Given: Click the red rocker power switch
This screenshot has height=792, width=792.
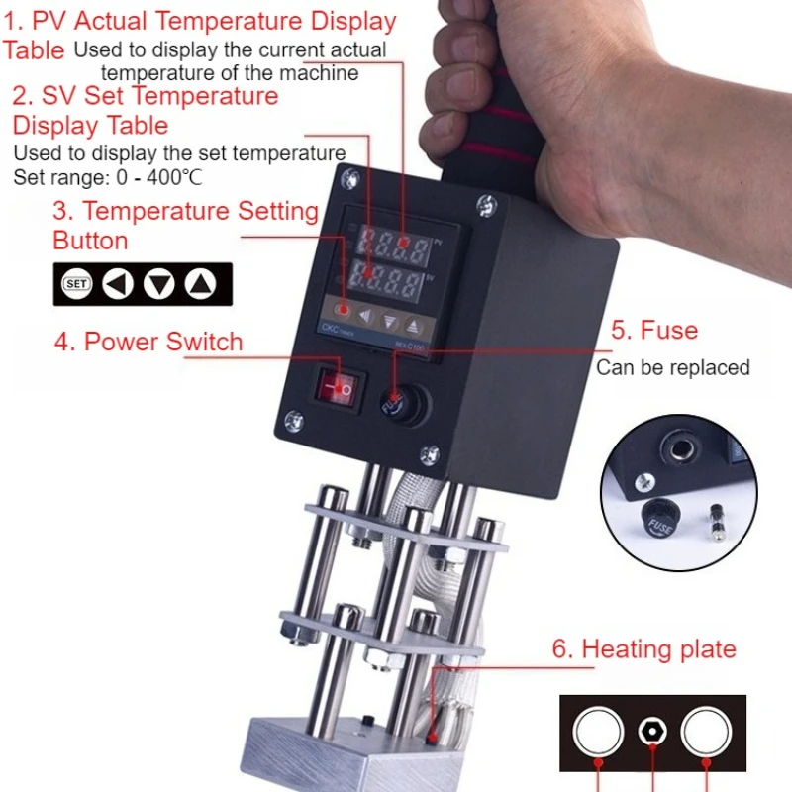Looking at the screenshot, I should click(x=337, y=388).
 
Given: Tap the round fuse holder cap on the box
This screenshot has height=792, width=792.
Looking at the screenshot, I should click(x=398, y=400).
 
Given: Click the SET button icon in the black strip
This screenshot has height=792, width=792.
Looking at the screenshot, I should click(x=77, y=285).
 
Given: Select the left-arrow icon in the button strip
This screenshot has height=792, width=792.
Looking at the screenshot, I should click(x=118, y=285).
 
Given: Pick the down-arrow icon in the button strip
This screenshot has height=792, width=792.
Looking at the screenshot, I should click(x=158, y=285).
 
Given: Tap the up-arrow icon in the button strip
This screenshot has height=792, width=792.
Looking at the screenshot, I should click(x=201, y=285).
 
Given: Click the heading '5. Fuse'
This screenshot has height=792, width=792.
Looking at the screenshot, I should click(x=653, y=331).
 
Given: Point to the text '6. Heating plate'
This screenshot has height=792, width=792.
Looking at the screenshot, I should click(x=644, y=649).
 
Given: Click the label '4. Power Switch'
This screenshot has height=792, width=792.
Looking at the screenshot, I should click(x=148, y=343).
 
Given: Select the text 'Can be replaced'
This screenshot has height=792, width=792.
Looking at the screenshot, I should click(x=672, y=368).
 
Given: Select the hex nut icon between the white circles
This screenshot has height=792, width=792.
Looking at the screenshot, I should click(x=653, y=733).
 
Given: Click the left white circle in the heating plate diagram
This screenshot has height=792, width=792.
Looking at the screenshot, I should click(x=598, y=733).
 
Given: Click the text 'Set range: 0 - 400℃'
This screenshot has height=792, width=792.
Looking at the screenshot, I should click(x=109, y=178).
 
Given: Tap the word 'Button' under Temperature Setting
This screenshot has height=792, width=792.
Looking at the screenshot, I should click(x=90, y=241).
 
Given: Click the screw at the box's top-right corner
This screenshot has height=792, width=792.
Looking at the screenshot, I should click(x=485, y=206).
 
